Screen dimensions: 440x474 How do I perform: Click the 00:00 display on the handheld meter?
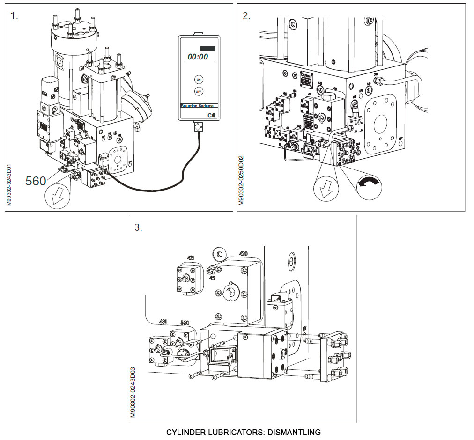[x=198, y=57]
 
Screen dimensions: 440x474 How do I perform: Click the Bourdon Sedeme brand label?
[x=196, y=106]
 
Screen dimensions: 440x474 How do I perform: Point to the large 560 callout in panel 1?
[x=36, y=181]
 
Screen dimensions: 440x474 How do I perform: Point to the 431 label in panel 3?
[x=163, y=323]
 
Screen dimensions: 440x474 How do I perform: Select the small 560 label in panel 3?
[x=185, y=323]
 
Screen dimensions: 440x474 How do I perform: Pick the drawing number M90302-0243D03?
[x=133, y=392]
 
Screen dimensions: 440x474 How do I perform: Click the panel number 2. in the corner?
[x=246, y=16]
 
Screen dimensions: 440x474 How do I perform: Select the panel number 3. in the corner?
[x=138, y=227]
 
